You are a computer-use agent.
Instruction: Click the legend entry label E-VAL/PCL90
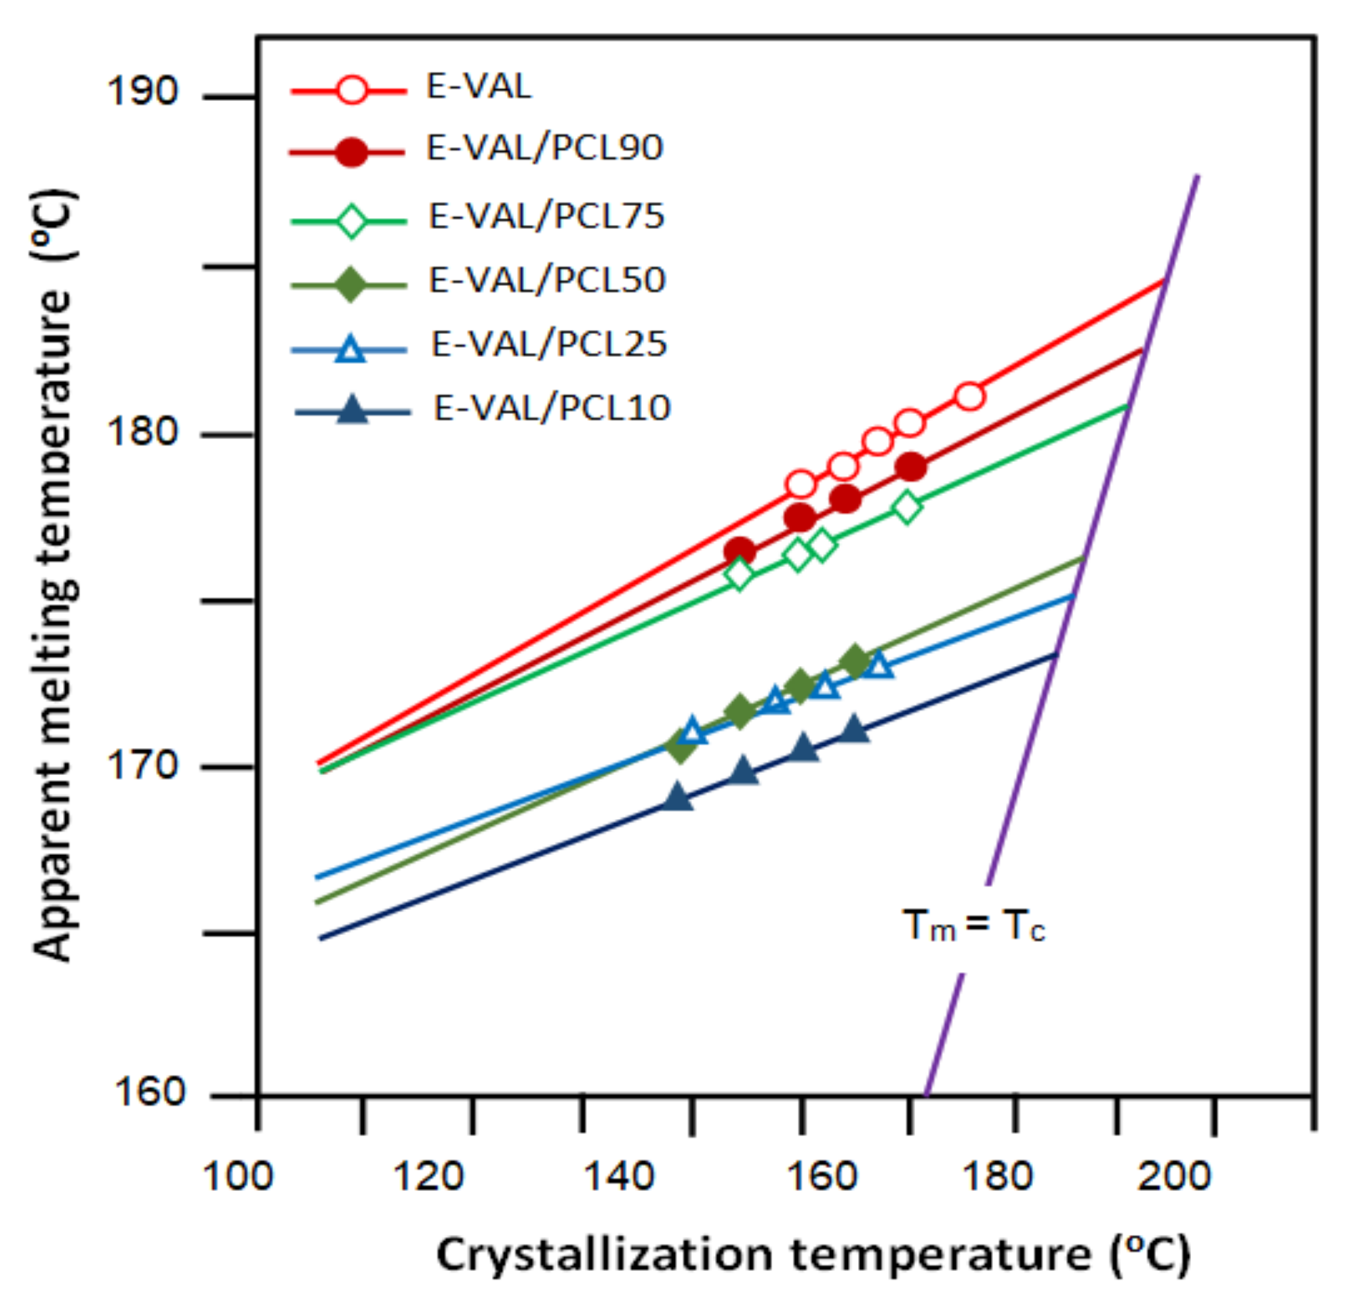544,148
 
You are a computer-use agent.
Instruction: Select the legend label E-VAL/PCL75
546,216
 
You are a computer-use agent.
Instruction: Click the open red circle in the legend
352,91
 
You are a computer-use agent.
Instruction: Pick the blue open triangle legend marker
350,350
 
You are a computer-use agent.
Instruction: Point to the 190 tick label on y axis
142,92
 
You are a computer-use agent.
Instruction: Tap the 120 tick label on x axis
428,1176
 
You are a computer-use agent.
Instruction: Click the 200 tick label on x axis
1174,1176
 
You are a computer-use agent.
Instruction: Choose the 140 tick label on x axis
618,1176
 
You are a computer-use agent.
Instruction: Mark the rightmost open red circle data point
969,396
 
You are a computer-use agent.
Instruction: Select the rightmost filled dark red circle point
911,467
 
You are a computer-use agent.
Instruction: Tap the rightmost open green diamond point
907,507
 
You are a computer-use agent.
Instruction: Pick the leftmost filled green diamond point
681,747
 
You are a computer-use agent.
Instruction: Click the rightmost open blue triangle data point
879,667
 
